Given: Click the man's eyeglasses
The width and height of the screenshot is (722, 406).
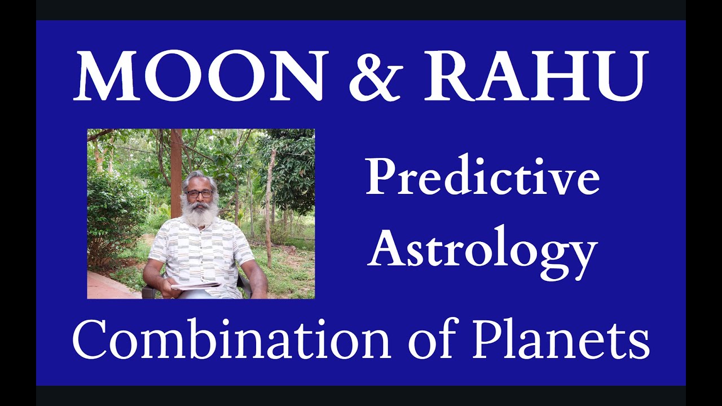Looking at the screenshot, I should pyautogui.click(x=199, y=194).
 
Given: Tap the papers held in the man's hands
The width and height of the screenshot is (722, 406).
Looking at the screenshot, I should pyautogui.click(x=195, y=285).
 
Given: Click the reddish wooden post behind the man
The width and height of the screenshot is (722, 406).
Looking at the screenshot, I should pyautogui.click(x=176, y=169).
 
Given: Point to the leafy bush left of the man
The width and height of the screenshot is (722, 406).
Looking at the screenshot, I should pyautogui.click(x=113, y=214).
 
